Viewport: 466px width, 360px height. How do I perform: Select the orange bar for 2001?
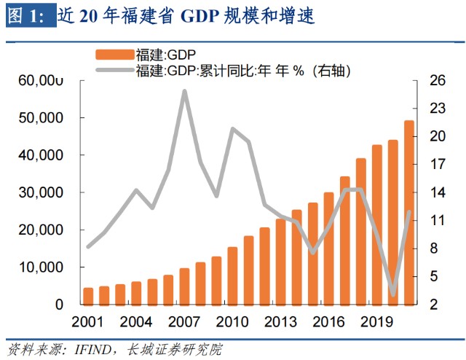[88, 296]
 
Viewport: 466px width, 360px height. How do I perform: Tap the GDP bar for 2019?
[377, 224]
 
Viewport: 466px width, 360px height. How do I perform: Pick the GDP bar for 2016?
[329, 249]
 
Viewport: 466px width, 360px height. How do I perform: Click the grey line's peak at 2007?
[184, 91]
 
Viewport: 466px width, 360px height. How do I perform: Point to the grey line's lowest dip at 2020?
[393, 294]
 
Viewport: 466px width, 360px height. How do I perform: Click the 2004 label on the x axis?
[136, 321]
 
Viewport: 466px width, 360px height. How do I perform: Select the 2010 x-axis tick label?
[232, 321]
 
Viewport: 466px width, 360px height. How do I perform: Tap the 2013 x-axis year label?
[280, 321]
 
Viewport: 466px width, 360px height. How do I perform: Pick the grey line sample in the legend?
[114, 71]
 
